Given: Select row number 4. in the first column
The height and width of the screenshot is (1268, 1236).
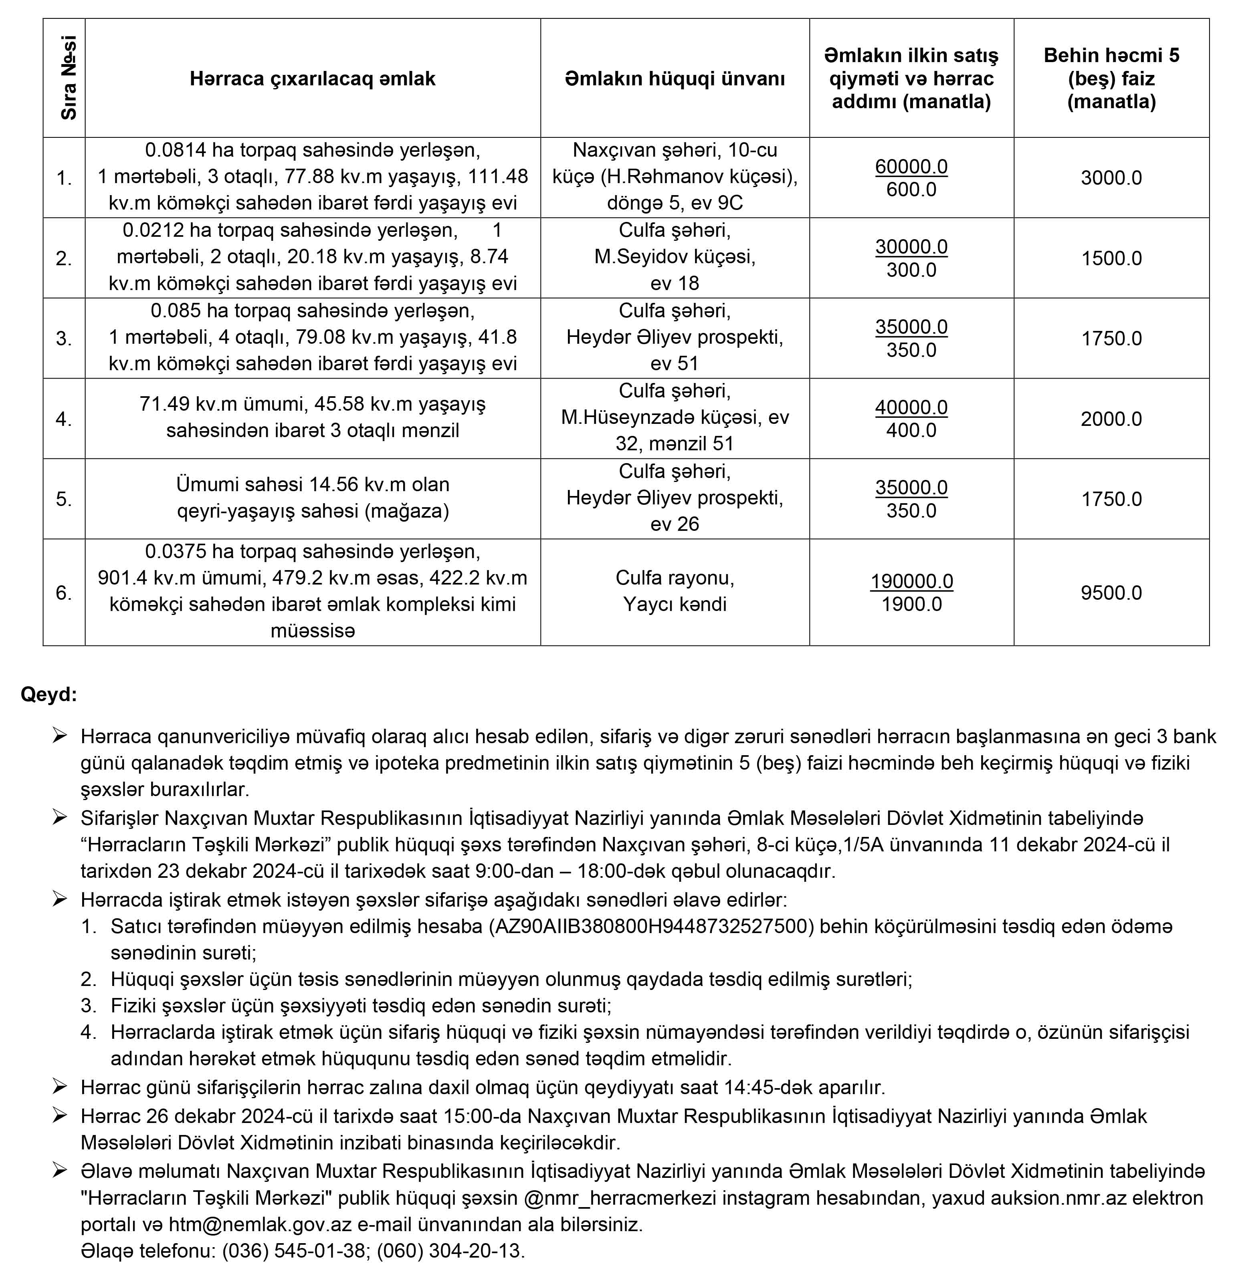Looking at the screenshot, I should (x=64, y=419).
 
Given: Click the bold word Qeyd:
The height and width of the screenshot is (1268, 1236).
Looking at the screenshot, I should (x=48, y=694).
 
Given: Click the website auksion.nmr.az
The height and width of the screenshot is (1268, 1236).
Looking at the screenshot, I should (x=1058, y=1198).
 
